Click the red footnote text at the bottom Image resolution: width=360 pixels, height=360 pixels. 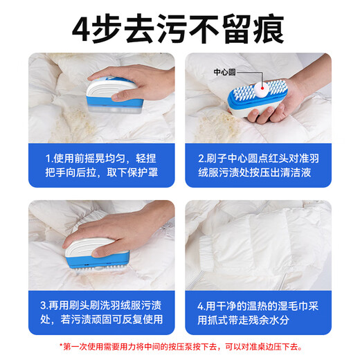pyautogui.click(x=180, y=347)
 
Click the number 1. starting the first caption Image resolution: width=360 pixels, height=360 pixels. pyautogui.click(x=48, y=157)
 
